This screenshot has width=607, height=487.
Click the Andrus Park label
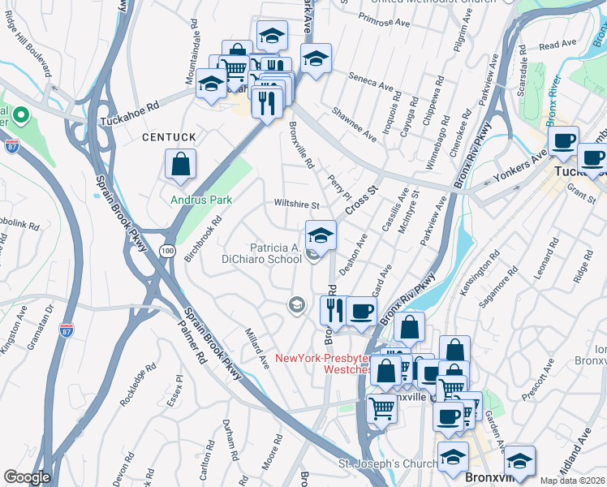[201, 200]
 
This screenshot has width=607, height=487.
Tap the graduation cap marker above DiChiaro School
[321, 236]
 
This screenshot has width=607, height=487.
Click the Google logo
[27, 477]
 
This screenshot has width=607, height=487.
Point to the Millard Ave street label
[256, 347]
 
